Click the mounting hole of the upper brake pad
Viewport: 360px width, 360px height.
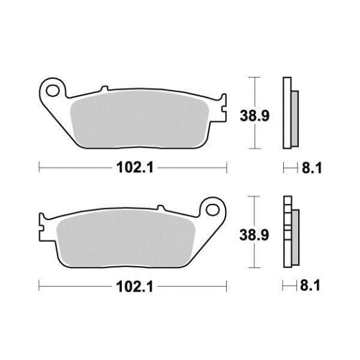(x=52, y=91)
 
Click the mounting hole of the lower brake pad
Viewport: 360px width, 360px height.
(x=212, y=210)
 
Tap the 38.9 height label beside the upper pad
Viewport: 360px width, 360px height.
(x=254, y=116)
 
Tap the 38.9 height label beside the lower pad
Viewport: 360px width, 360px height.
(x=254, y=235)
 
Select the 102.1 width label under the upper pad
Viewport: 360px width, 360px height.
(x=135, y=167)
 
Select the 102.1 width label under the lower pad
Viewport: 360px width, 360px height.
(x=134, y=286)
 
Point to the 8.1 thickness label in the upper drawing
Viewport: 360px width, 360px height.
(x=312, y=168)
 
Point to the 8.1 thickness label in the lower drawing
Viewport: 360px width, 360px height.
(x=310, y=286)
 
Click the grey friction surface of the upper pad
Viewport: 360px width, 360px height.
(x=140, y=119)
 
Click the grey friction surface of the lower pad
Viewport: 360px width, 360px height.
(x=126, y=238)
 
